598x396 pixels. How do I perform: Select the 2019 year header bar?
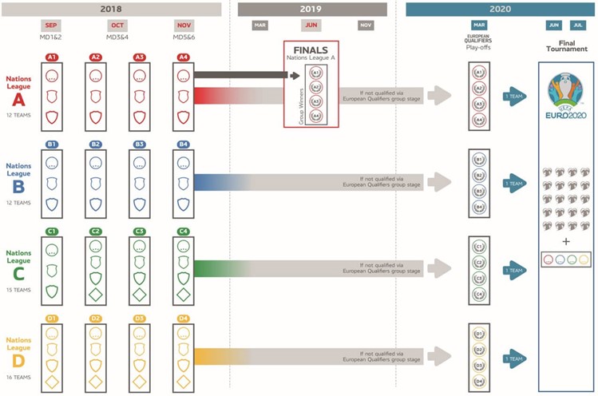tap(311, 9)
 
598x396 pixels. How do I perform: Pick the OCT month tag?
tap(117, 25)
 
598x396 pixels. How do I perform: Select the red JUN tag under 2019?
tap(311, 25)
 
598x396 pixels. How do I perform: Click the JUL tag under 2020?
tap(578, 25)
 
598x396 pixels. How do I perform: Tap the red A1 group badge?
tap(52, 57)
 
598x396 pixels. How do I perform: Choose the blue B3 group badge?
tap(140, 145)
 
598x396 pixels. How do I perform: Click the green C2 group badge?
tap(96, 232)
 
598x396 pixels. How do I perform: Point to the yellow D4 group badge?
tap(183, 319)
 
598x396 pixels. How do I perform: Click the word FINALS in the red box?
tap(311, 49)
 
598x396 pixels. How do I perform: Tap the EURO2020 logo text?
tap(566, 116)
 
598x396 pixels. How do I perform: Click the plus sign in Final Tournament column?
tap(566, 241)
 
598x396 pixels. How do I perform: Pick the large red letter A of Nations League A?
tap(18, 100)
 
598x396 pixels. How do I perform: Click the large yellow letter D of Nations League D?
tap(18, 362)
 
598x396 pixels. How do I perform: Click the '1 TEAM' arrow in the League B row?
tap(515, 183)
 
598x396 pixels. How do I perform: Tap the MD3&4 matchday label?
tap(117, 37)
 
